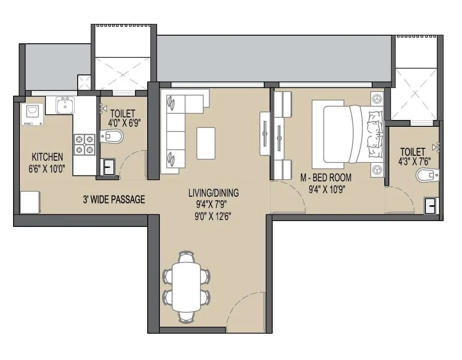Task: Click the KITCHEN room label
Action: tap(47, 157)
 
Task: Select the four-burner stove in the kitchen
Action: tap(84, 144)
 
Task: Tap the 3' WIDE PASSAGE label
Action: tap(114, 199)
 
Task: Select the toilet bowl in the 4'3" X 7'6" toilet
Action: tap(427, 175)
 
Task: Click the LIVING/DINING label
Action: tap(213, 193)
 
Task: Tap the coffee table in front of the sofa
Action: tap(206, 143)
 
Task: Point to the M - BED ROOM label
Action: tap(326, 178)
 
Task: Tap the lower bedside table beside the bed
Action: tap(377, 170)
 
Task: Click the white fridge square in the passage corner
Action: tap(30, 202)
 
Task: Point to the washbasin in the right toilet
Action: tap(431, 206)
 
